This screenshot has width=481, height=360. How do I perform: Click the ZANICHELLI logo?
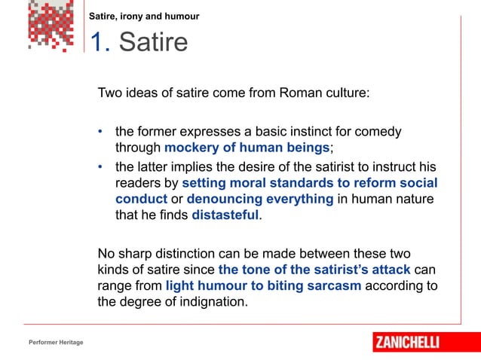pyautogui.click(x=417, y=342)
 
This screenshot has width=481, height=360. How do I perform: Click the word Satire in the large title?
pyautogui.click(x=153, y=43)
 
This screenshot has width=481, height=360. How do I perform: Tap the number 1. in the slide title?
pyautogui.click(x=101, y=43)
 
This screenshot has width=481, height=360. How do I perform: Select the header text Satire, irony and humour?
pyautogui.click(x=144, y=16)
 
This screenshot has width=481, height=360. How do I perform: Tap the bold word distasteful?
pyautogui.click(x=225, y=215)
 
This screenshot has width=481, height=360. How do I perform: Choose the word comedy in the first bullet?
pyautogui.click(x=379, y=131)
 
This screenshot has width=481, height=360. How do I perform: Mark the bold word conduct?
pyautogui.click(x=140, y=199)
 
